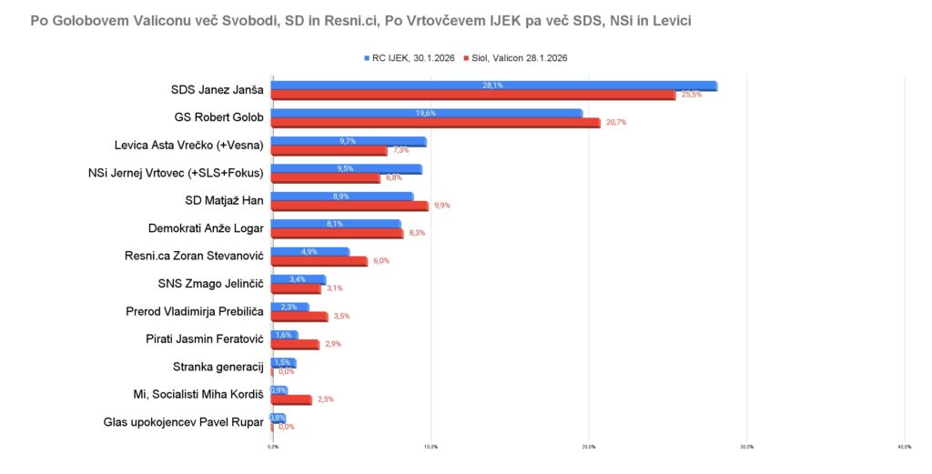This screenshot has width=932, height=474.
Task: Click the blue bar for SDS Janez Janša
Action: tap(494, 86)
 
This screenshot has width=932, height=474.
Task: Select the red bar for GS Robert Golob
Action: tap(436, 123)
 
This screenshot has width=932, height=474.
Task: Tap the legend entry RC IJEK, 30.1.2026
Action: tap(411, 58)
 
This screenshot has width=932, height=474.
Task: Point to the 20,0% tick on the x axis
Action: tap(588, 447)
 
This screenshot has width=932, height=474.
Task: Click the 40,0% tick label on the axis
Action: tap(904, 447)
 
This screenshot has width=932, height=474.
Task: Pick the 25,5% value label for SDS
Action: tap(691, 96)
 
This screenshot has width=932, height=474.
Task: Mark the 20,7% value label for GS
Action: tap(615, 123)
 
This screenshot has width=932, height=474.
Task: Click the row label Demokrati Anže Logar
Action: tap(206, 228)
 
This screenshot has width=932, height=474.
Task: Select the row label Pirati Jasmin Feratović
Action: tap(204, 339)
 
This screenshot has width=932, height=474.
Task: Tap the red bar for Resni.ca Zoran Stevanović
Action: tap(319, 261)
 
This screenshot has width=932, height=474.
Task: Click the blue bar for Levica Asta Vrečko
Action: tap(349, 141)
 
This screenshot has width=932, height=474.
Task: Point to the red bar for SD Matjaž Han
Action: tap(349, 206)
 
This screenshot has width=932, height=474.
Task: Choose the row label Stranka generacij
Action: tap(218, 367)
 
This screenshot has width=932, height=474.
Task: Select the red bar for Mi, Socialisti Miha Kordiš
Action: tap(291, 399)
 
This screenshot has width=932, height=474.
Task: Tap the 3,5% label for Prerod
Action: tap(342, 317)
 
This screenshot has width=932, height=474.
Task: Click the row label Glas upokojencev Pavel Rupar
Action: tap(183, 422)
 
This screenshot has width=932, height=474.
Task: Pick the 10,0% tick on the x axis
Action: tap(431, 447)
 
